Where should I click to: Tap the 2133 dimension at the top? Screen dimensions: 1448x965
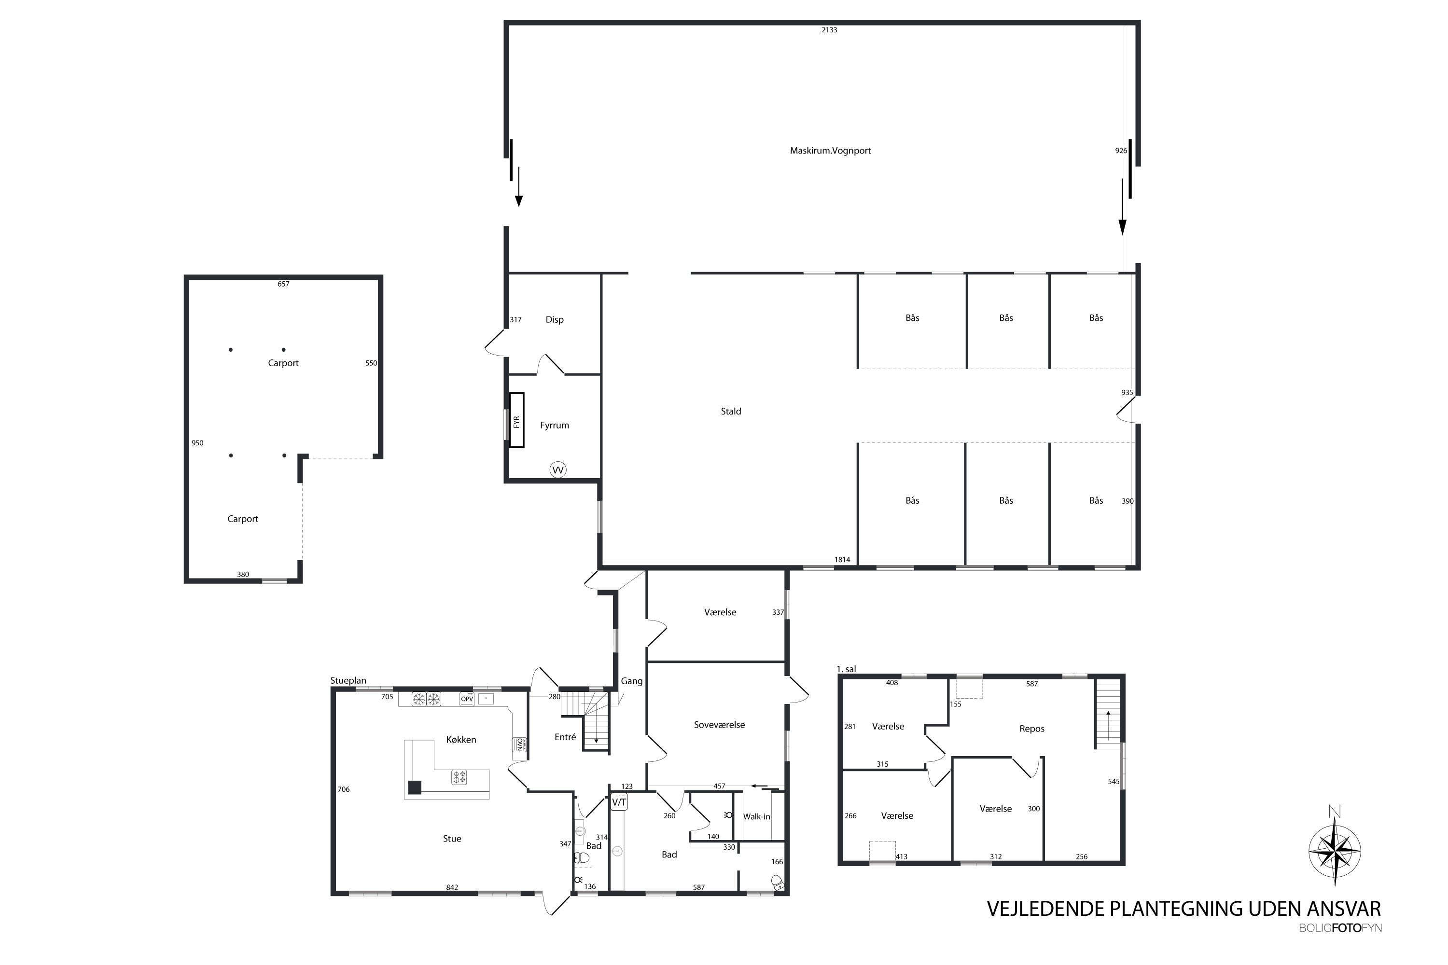(829, 29)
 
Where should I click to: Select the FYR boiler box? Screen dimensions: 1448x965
(516, 420)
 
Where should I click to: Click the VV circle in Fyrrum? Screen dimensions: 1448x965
(558, 470)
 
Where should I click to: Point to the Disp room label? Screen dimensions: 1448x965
(554, 319)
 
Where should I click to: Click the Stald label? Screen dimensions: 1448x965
(731, 411)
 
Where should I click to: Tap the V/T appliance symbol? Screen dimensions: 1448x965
(619, 802)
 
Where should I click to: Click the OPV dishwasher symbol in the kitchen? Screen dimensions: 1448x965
(467, 699)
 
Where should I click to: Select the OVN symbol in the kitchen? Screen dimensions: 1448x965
(519, 744)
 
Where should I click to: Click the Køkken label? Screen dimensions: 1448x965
(461, 740)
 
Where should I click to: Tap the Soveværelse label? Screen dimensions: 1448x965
(719, 725)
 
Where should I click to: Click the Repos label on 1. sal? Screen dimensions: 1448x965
(1032, 729)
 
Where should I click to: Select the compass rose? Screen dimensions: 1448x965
(1334, 852)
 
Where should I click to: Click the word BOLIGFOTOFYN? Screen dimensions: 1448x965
(1340, 928)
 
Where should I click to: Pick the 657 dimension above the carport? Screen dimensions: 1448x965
(283, 284)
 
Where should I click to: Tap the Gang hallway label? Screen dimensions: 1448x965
(632, 681)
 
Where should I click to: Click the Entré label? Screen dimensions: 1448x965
(565, 737)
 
